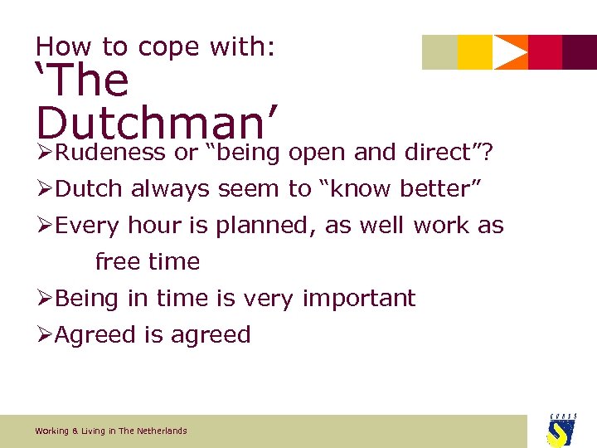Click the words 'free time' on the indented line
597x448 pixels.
(148, 262)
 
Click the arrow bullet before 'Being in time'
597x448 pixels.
(45, 299)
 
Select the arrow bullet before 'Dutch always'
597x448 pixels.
(45, 189)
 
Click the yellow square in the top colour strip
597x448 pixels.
(474, 52)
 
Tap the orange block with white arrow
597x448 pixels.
(510, 52)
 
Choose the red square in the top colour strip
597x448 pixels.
(545, 52)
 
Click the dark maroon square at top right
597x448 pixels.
(580, 52)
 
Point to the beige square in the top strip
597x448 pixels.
(439, 52)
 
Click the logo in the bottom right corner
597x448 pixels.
(561, 430)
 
